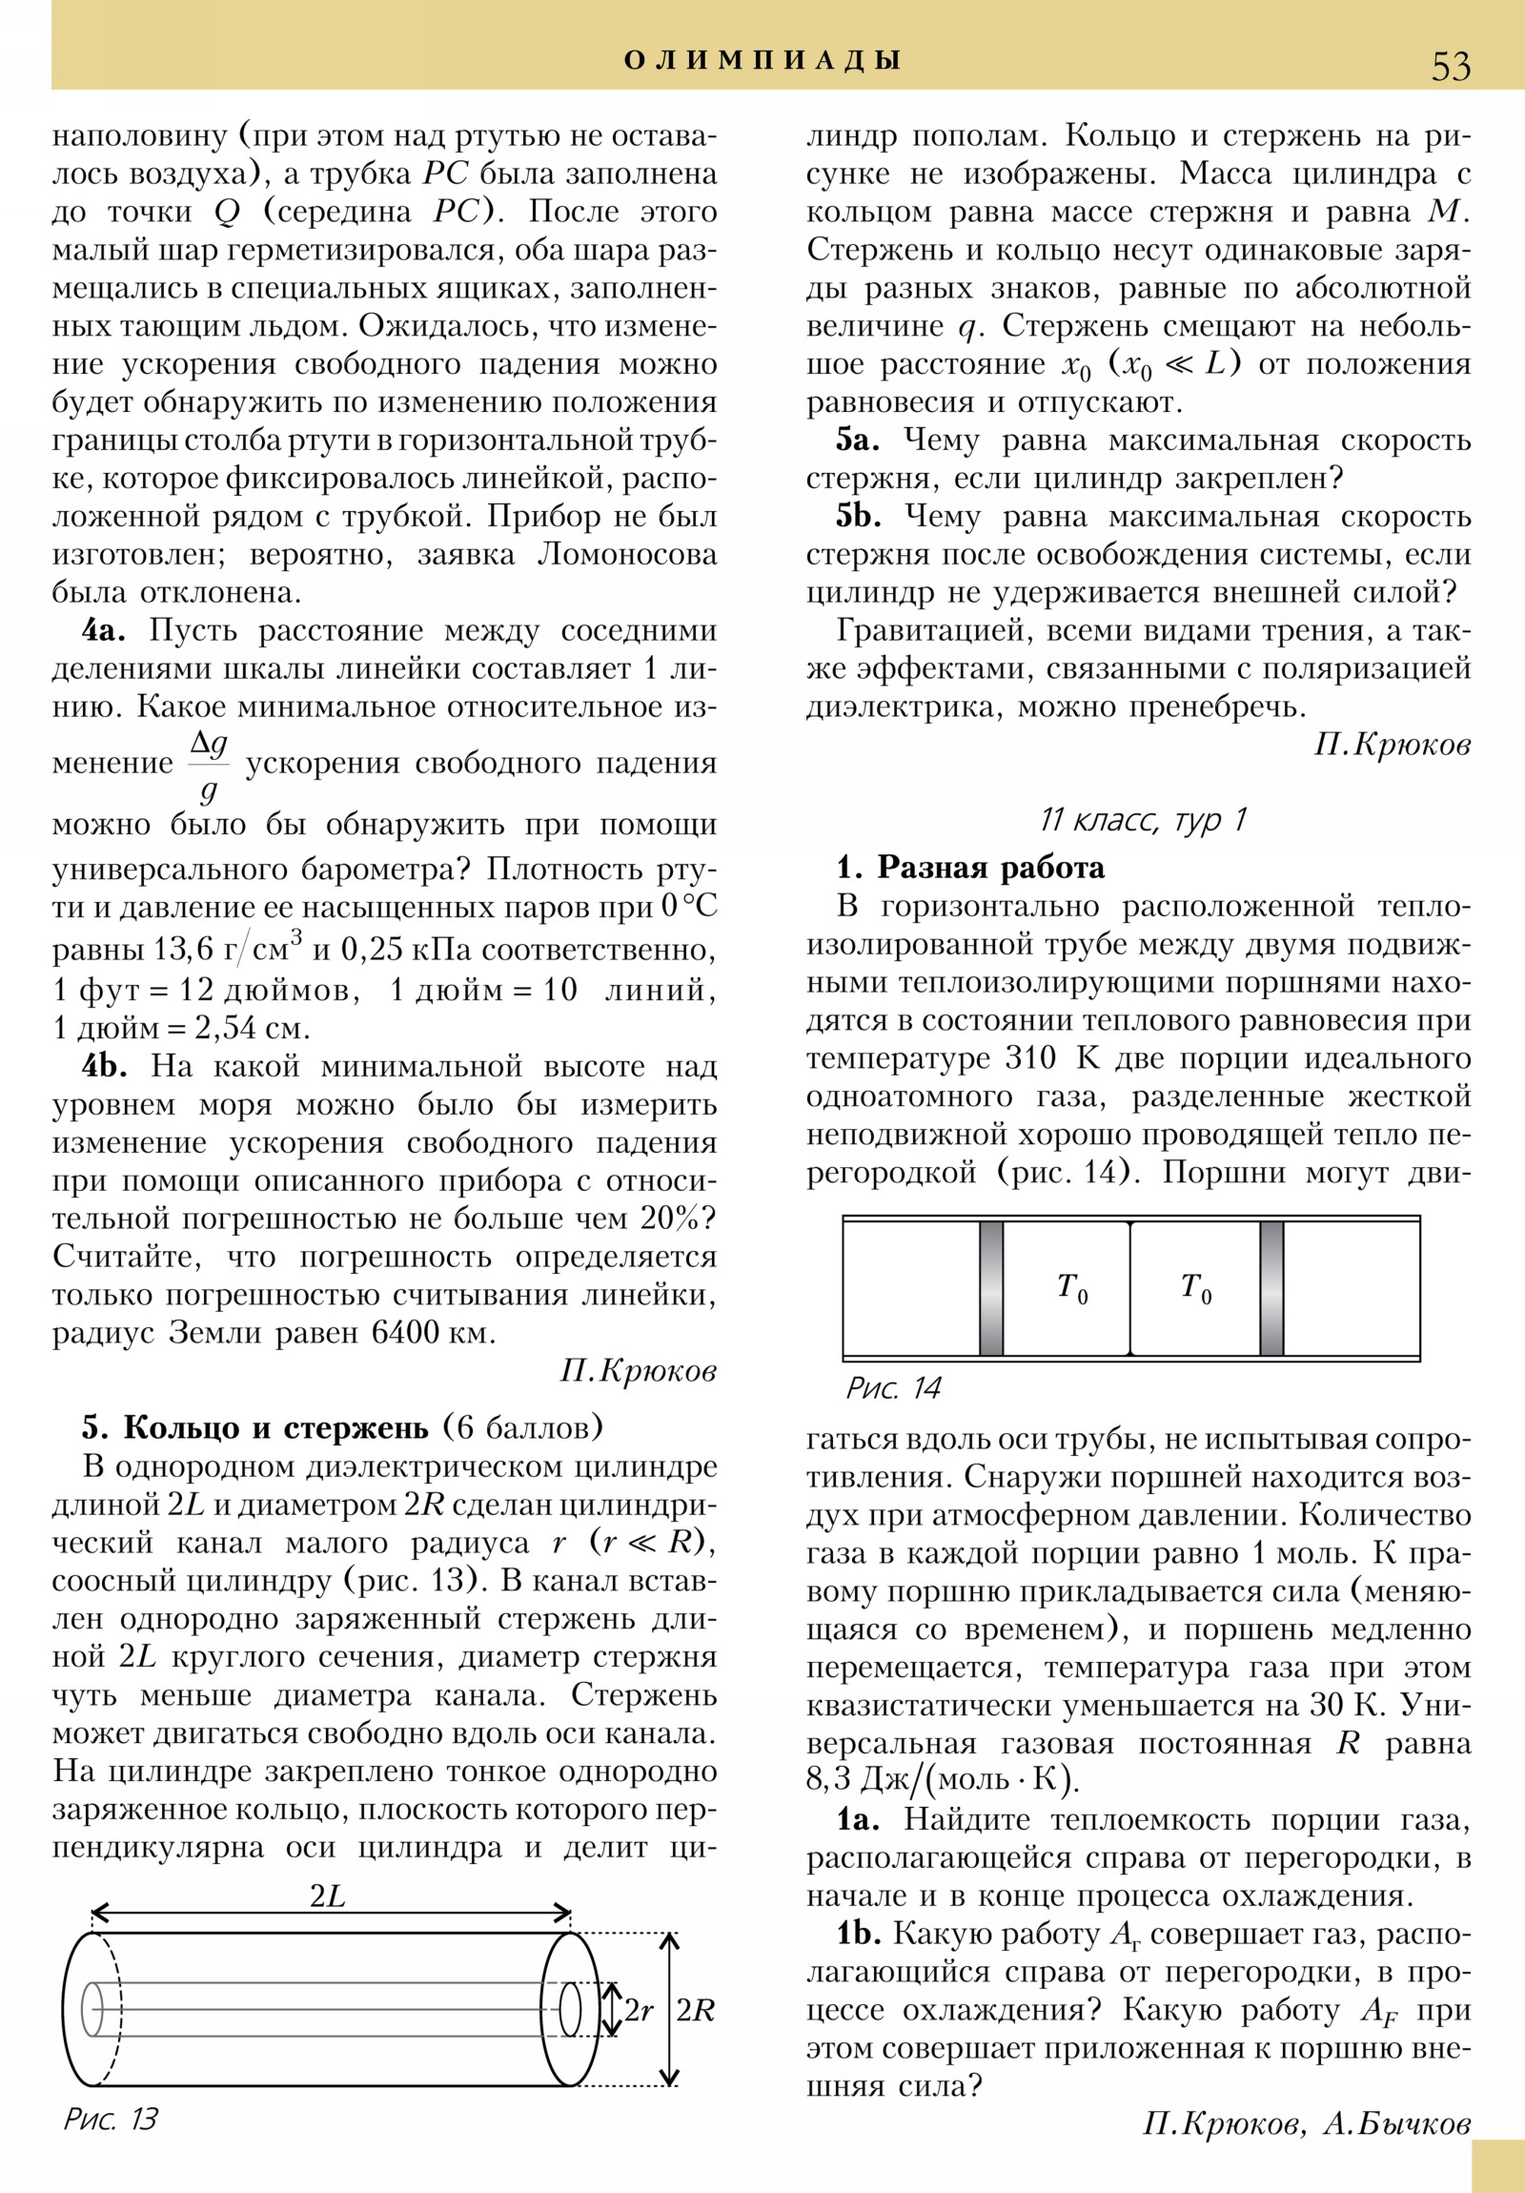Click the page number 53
click(1451, 66)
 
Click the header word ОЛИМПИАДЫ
click(762, 61)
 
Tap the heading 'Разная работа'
click(990, 868)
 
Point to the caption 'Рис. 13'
click(110, 2145)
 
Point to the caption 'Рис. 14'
click(893, 1389)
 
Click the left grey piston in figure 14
click(991, 1288)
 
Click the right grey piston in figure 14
click(1271, 1288)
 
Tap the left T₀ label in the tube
click(1072, 1288)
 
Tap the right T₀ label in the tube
click(1195, 1288)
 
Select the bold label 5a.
click(858, 441)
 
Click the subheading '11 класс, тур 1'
click(1143, 819)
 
